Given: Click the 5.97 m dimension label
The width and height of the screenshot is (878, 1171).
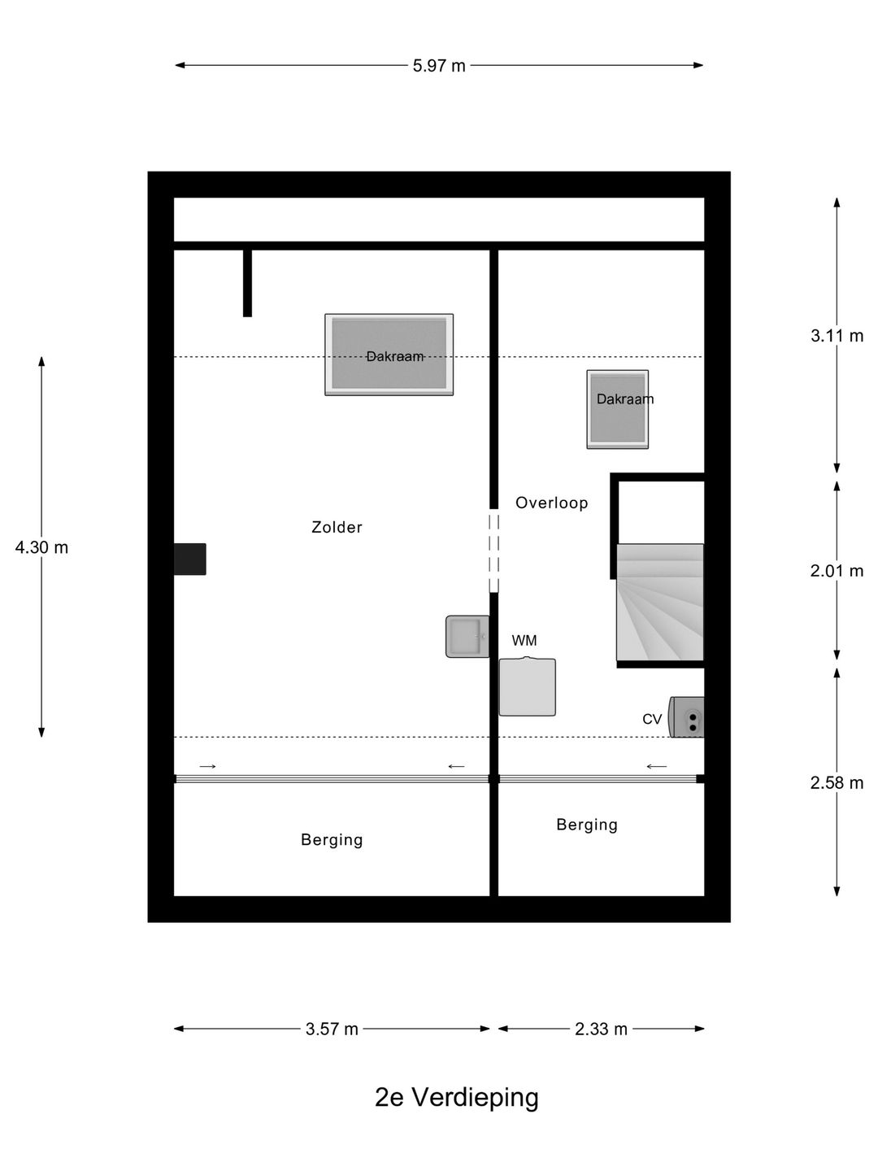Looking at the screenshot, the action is pyautogui.click(x=439, y=66).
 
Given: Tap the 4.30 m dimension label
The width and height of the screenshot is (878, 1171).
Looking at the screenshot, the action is pyautogui.click(x=41, y=547).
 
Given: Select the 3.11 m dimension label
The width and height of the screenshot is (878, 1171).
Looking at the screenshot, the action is pyautogui.click(x=837, y=336).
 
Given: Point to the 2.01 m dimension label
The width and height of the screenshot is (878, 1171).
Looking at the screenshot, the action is pyautogui.click(x=837, y=571).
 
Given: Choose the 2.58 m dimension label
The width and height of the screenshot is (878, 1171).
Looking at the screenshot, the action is pyautogui.click(x=837, y=782).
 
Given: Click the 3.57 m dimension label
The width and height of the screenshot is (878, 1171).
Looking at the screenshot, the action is pyautogui.click(x=332, y=1029).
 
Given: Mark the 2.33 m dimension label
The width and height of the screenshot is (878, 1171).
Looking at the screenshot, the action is pyautogui.click(x=601, y=1029).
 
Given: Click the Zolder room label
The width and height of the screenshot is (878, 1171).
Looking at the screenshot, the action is pyautogui.click(x=337, y=527).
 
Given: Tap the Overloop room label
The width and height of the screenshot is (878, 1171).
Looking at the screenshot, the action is pyautogui.click(x=552, y=503).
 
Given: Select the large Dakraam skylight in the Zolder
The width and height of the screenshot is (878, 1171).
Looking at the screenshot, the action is pyautogui.click(x=389, y=355).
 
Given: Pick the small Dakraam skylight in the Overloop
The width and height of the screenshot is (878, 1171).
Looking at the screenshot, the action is pyautogui.click(x=618, y=409).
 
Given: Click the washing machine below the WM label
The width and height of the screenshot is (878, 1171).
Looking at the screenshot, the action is pyautogui.click(x=528, y=686).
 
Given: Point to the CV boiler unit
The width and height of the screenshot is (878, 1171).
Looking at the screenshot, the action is pyautogui.click(x=687, y=717).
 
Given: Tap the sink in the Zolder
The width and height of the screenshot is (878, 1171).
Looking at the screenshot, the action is pyautogui.click(x=467, y=637).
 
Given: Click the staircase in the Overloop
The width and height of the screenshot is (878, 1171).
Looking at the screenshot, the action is pyautogui.click(x=660, y=603).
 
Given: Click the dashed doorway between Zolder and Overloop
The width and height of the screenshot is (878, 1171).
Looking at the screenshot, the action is pyautogui.click(x=494, y=551).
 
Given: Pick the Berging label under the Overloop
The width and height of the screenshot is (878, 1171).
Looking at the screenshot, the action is pyautogui.click(x=587, y=825).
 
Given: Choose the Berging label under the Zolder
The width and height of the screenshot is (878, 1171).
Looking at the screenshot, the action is pyautogui.click(x=332, y=840).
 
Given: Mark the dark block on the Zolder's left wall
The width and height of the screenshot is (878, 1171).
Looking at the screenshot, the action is pyautogui.click(x=189, y=559).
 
